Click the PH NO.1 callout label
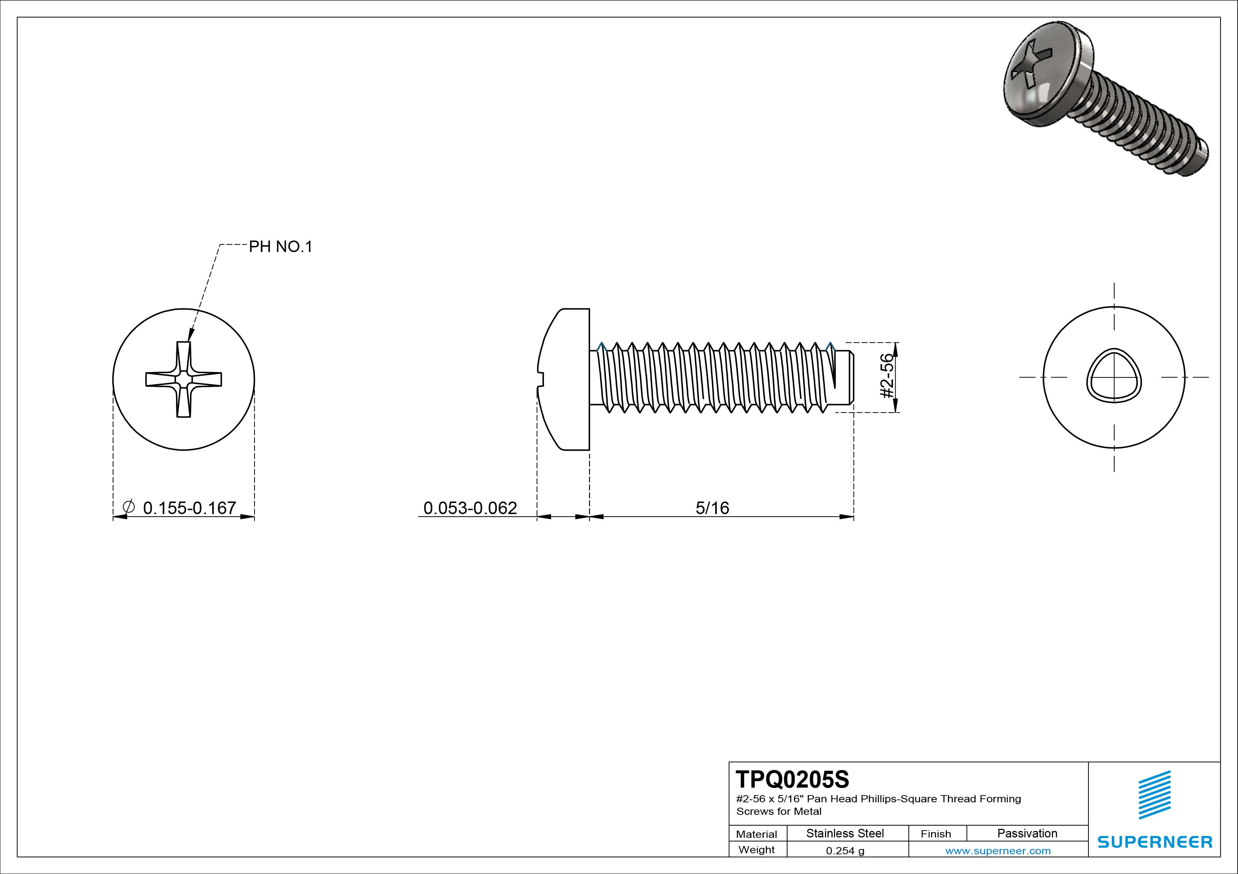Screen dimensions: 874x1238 coord(280,247)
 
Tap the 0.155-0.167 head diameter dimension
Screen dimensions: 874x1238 coord(189,508)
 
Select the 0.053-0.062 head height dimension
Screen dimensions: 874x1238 coord(470,508)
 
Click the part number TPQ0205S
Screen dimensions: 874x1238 coord(792,779)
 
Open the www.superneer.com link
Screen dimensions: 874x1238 coord(997,851)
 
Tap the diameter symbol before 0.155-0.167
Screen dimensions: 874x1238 coord(129,507)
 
